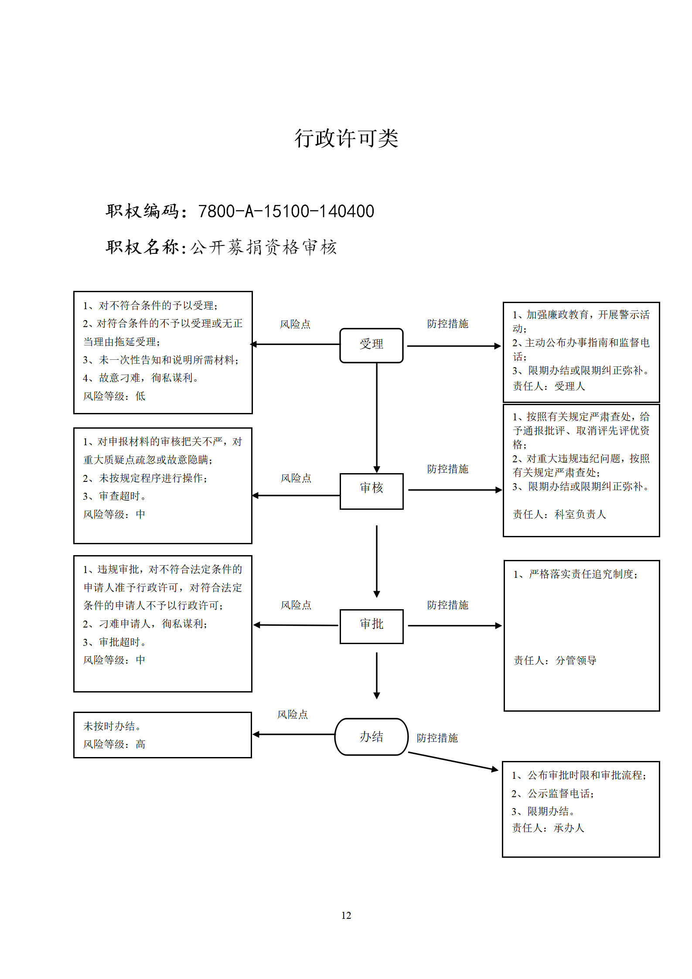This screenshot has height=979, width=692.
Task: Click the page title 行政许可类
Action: pyautogui.click(x=346, y=139)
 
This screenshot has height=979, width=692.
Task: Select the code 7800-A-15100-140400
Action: pyautogui.click(x=286, y=211)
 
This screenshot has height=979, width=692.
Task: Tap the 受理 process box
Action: pyautogui.click(x=372, y=345)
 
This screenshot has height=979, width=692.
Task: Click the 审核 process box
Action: pyautogui.click(x=372, y=491)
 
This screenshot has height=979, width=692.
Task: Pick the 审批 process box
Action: pyautogui.click(x=372, y=626)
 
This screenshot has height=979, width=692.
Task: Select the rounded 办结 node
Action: pyautogui.click(x=372, y=737)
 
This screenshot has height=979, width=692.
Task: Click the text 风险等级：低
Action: pyautogui.click(x=114, y=396)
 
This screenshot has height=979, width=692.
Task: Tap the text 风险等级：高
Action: pyautogui.click(x=114, y=744)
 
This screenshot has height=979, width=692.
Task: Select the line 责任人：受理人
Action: pyautogui.click(x=549, y=386)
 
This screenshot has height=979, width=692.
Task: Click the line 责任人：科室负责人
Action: pyautogui.click(x=559, y=514)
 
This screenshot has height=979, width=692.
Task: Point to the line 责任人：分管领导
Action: pyautogui.click(x=555, y=660)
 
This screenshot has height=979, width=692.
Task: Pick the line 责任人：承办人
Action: pyautogui.click(x=548, y=828)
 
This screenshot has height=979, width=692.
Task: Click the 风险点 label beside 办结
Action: pyautogui.click(x=293, y=714)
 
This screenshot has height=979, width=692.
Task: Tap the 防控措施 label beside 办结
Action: pyautogui.click(x=437, y=738)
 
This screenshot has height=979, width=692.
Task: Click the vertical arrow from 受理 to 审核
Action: pyautogui.click(x=377, y=418)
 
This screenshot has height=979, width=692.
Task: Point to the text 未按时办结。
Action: pyautogui.click(x=112, y=726)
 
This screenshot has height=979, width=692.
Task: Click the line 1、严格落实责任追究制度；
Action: pyautogui.click(x=576, y=574)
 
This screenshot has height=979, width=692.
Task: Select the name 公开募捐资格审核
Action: pyautogui.click(x=264, y=247)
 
